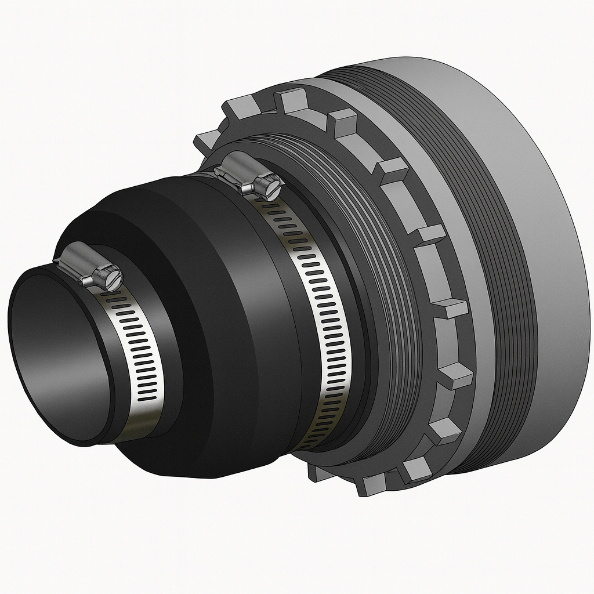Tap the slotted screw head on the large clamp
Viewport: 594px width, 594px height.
pyautogui.click(x=272, y=188)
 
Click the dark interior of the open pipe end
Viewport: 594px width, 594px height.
pyautogui.click(x=58, y=354)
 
